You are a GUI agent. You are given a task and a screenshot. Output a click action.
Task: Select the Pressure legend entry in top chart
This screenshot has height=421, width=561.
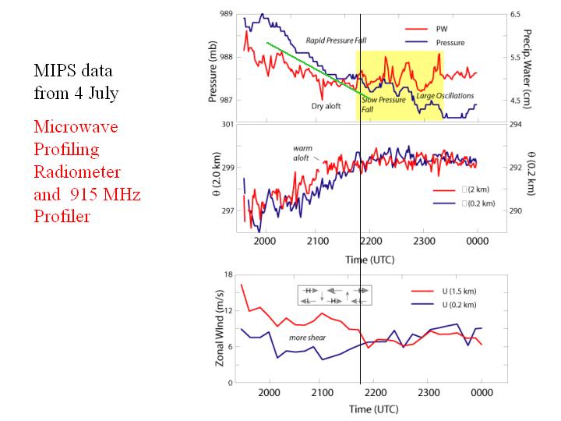450,42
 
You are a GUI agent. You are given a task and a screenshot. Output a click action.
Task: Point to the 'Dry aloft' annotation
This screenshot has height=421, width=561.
329,105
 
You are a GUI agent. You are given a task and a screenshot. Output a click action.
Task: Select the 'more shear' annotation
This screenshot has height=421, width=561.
307,338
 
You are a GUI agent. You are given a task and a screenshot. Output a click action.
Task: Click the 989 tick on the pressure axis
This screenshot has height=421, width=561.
226,14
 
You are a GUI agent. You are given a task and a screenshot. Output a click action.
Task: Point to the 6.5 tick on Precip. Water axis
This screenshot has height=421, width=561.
515,14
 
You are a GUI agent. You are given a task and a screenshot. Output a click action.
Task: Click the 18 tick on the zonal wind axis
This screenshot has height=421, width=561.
228,275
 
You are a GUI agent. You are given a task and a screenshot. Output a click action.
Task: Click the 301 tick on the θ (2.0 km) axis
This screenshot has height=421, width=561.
226,124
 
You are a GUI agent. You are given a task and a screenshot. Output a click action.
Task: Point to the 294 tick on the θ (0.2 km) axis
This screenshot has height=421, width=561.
516,124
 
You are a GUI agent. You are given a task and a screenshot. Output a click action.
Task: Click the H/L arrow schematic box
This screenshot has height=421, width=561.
333,295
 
